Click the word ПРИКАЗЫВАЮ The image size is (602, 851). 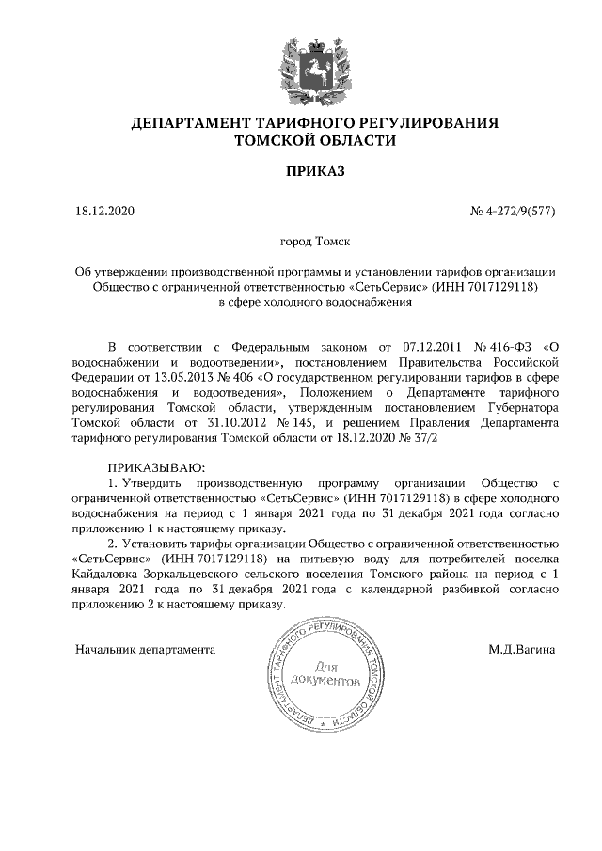tap(156, 467)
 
